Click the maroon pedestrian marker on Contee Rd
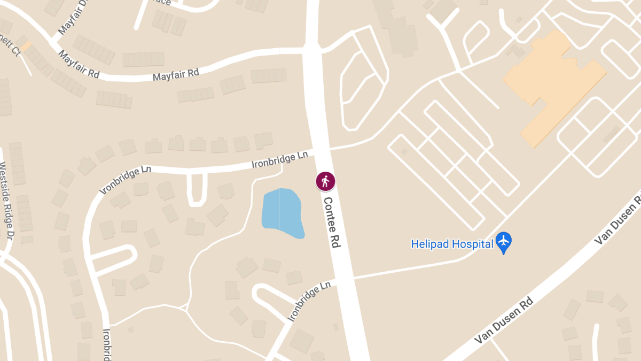[325, 181]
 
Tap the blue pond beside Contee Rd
[282, 213]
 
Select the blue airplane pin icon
[503, 242]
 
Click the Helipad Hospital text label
[452, 244]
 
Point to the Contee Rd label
[331, 222]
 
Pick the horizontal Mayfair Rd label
[176, 74]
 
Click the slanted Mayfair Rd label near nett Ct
[79, 65]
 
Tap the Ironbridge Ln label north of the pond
[280, 160]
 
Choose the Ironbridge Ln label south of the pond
[309, 302]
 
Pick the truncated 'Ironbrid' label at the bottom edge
[106, 344]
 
